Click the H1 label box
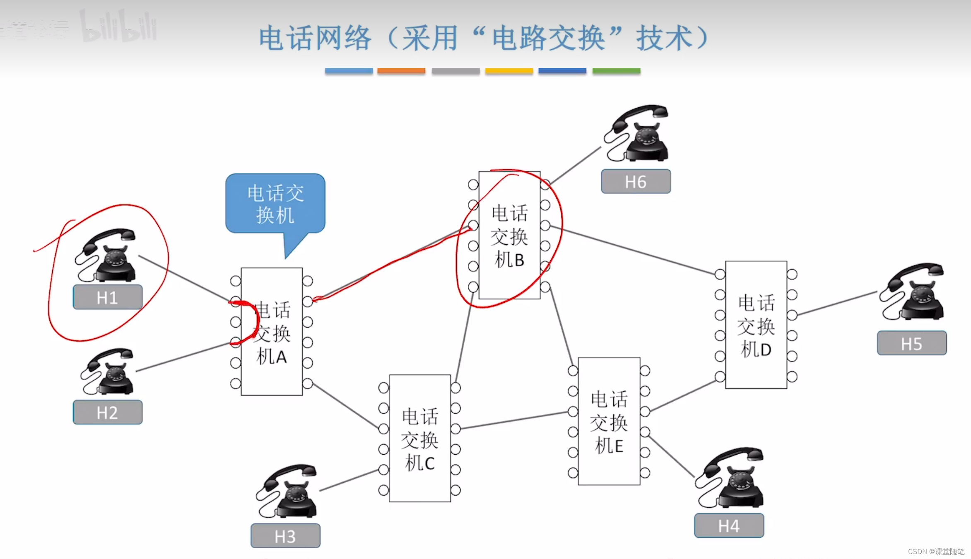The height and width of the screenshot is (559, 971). click(x=108, y=297)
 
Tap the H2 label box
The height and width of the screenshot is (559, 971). click(x=108, y=412)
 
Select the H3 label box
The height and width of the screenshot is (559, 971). click(x=285, y=536)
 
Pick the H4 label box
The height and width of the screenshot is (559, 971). click(x=729, y=525)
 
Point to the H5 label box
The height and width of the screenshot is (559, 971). click(x=911, y=343)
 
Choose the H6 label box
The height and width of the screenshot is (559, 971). click(x=636, y=181)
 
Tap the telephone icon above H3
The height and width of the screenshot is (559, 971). click(x=288, y=492)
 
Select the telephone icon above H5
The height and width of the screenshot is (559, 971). click(x=913, y=292)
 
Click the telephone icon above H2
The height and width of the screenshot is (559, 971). click(x=109, y=371)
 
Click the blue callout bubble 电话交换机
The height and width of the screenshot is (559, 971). click(x=275, y=204)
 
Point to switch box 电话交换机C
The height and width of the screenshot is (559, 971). click(x=419, y=438)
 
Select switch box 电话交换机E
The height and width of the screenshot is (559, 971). click(x=609, y=421)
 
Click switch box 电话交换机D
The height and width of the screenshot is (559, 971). click(x=756, y=325)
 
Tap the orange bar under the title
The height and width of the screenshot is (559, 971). click(x=401, y=71)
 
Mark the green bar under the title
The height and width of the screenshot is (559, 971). click(x=616, y=71)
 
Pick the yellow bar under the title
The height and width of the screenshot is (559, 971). click(x=509, y=71)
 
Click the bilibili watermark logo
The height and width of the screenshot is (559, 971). click(x=118, y=27)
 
